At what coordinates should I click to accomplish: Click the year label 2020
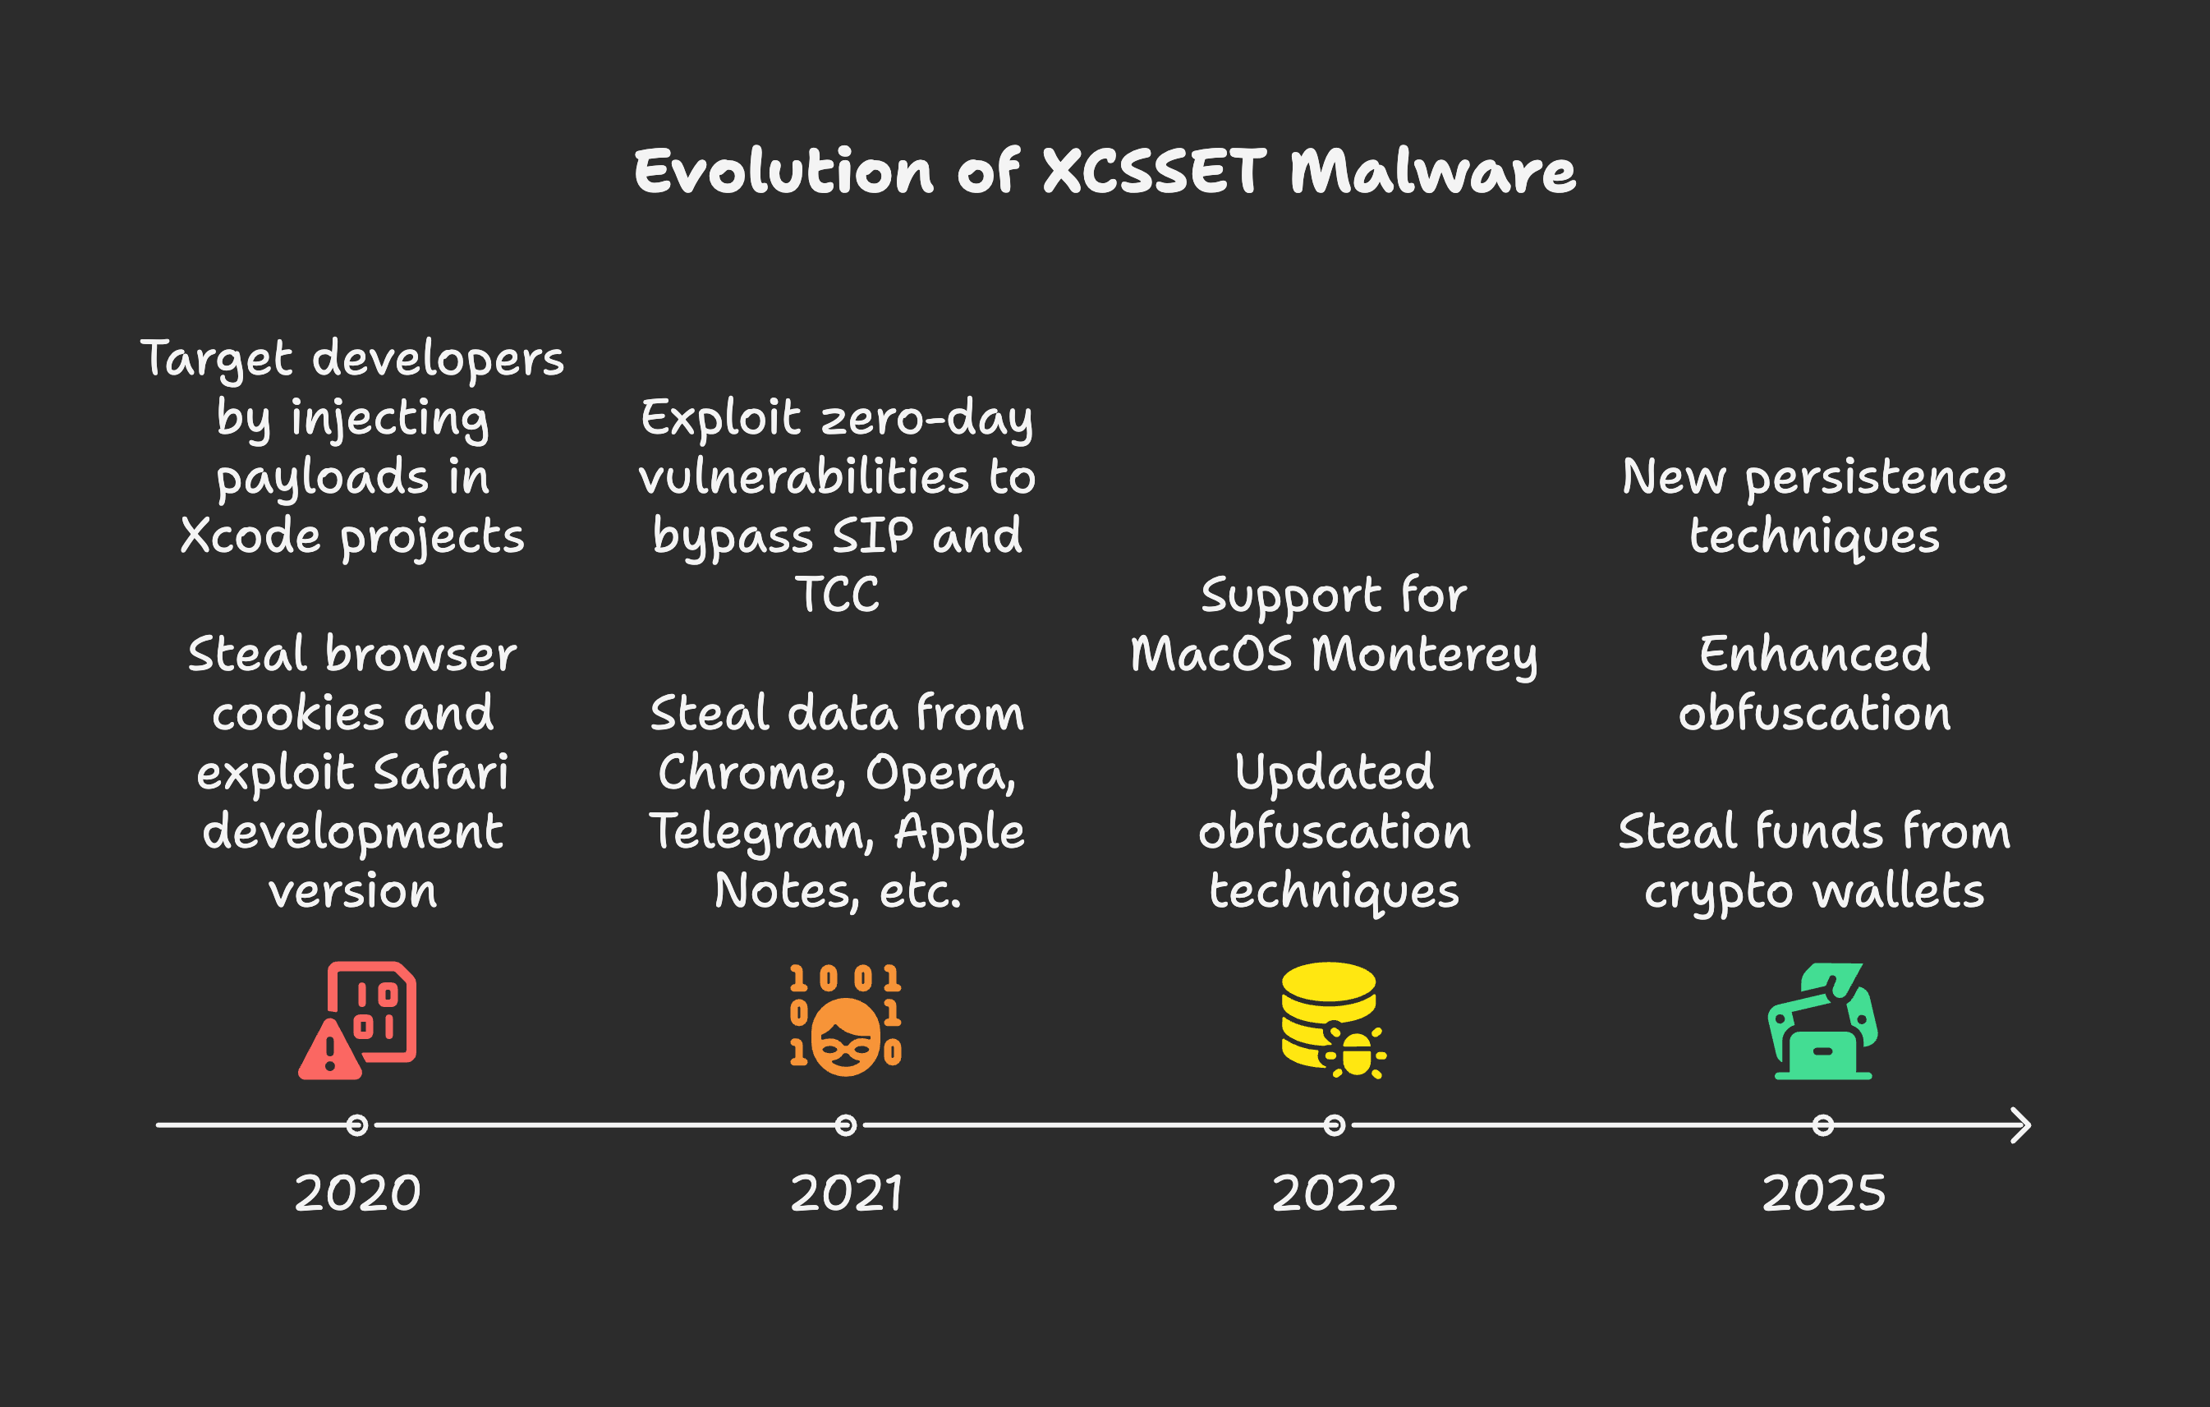[357, 1193]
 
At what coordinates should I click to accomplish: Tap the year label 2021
[846, 1193]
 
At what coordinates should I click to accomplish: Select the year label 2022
[1335, 1193]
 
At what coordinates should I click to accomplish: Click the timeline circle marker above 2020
[357, 1125]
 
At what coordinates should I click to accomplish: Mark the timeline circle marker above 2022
[1335, 1125]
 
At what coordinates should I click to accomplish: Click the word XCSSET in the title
[1155, 172]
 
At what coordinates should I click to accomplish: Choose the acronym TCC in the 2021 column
[837, 594]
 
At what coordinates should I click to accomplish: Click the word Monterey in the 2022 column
[1424, 655]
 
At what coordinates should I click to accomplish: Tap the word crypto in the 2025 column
[1718, 892]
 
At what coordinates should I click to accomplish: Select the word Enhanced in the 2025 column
[1814, 654]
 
